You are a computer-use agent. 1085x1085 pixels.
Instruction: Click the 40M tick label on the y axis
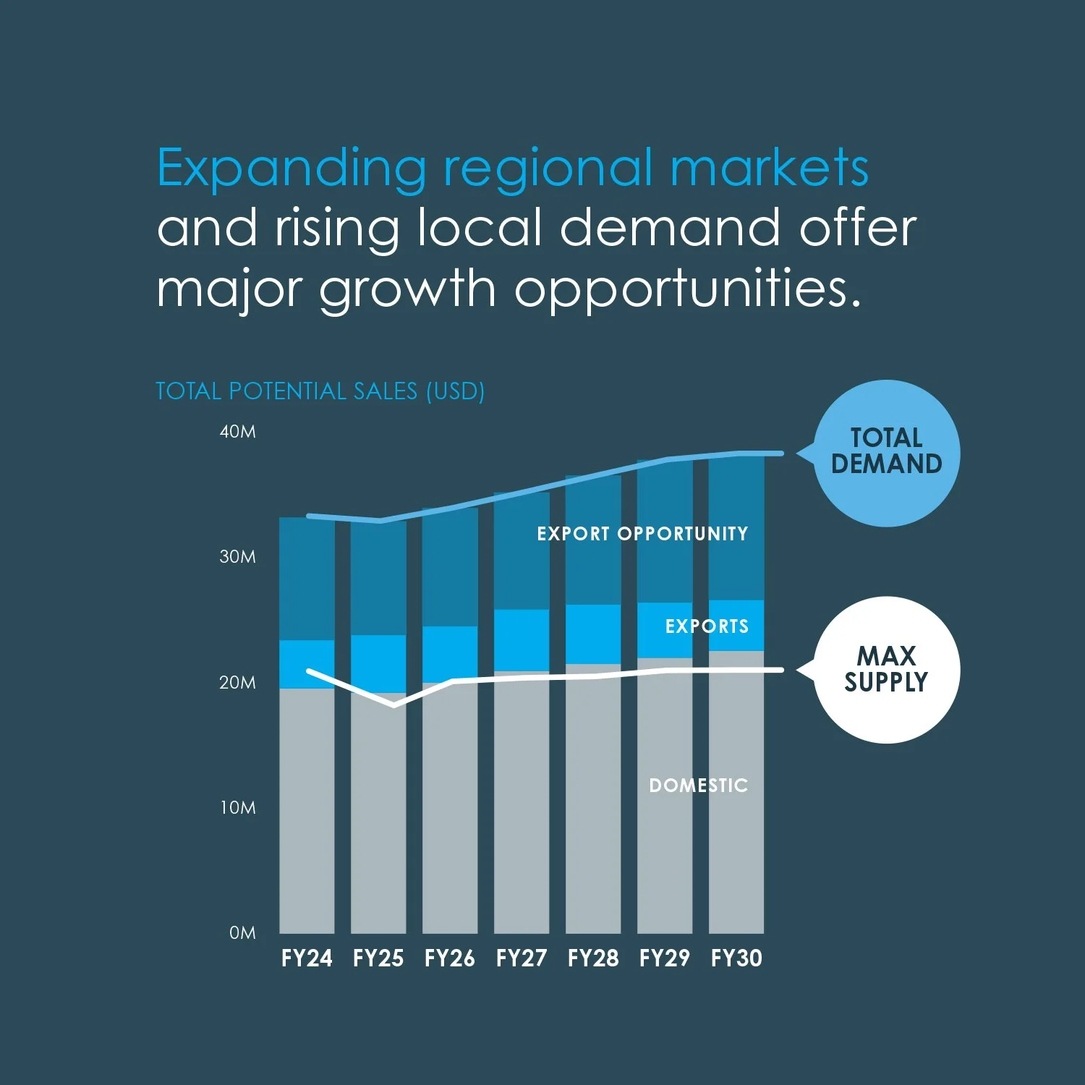tap(237, 432)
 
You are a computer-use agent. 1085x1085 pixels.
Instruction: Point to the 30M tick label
tap(237, 557)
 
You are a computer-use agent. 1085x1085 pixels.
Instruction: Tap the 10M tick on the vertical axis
tap(237, 808)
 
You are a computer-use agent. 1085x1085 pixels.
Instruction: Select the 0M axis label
tap(242, 933)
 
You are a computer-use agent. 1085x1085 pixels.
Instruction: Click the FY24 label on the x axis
tap(307, 958)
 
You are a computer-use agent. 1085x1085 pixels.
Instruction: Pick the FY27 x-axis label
tap(522, 958)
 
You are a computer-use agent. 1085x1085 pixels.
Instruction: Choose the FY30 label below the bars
tap(736, 958)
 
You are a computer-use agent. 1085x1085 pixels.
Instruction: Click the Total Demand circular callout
tap(887, 453)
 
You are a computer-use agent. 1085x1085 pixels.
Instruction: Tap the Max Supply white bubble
tap(887, 670)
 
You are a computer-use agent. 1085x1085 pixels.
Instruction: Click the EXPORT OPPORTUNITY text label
tap(642, 534)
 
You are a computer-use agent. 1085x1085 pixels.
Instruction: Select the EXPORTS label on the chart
tap(707, 626)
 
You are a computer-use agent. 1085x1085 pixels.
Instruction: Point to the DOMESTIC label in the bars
tap(698, 786)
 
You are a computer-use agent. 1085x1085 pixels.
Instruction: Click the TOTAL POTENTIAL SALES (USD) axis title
tap(320, 391)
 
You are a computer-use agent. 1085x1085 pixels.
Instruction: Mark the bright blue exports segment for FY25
tap(378, 663)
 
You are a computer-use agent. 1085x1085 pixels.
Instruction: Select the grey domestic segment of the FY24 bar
tap(307, 810)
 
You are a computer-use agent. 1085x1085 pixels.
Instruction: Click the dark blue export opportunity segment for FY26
tap(450, 567)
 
